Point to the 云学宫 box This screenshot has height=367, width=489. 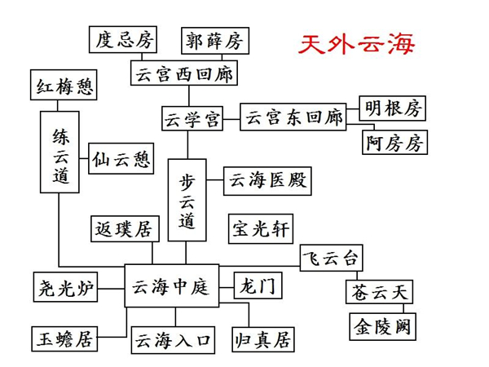[190, 117]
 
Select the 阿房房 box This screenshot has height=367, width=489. [394, 143]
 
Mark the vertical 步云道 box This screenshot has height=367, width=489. [188, 200]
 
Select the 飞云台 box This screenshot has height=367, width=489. [329, 258]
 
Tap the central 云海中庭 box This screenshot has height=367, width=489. [171, 285]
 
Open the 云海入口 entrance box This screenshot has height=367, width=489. [173, 338]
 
